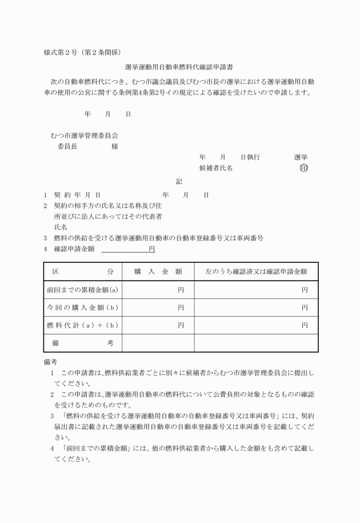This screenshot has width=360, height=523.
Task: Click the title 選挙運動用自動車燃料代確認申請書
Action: [179, 67]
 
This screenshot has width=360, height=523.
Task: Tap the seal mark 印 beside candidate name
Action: [303, 168]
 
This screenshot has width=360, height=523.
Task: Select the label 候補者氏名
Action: [215, 168]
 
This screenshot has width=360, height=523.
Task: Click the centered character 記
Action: [179, 182]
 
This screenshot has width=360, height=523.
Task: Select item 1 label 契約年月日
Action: [73, 195]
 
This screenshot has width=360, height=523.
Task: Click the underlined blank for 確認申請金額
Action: [125, 249]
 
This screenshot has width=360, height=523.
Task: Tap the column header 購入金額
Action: [158, 272]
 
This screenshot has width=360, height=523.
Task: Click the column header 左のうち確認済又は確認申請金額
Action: [255, 272]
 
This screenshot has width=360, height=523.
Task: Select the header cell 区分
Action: [82, 272]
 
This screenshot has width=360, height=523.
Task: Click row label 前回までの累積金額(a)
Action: [82, 290]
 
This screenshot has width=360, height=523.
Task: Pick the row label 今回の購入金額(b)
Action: [82, 308]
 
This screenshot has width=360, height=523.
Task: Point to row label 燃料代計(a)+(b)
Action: [82, 325]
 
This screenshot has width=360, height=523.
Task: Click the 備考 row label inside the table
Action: [82, 343]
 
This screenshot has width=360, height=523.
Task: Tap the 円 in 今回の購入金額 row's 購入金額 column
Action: [181, 308]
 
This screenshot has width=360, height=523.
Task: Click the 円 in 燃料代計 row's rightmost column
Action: [305, 325]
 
